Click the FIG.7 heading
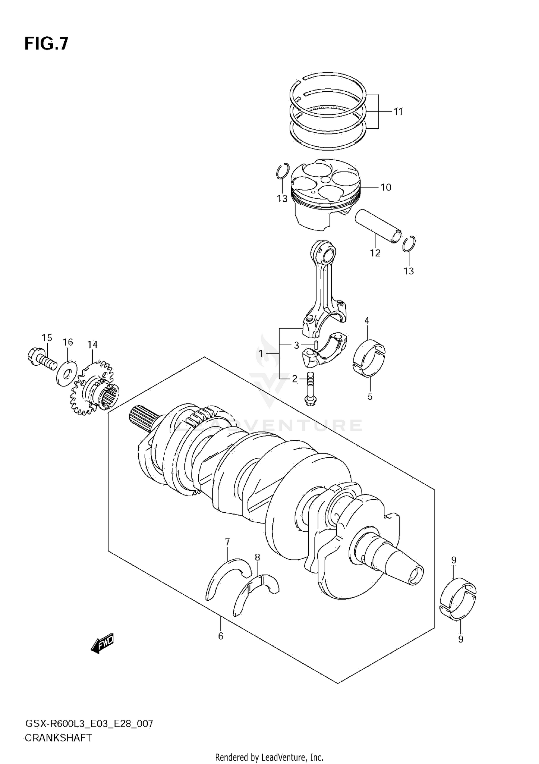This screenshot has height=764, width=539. (46, 44)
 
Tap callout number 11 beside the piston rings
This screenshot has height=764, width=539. (397, 112)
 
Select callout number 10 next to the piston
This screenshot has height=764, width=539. (386, 187)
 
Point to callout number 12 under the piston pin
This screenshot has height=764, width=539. (375, 253)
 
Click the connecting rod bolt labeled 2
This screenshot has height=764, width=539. (310, 391)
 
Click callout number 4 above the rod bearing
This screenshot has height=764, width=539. (367, 320)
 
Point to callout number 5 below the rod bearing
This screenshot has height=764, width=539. (370, 397)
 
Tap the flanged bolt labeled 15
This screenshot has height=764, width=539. (41, 358)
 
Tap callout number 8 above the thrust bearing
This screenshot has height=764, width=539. (257, 557)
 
